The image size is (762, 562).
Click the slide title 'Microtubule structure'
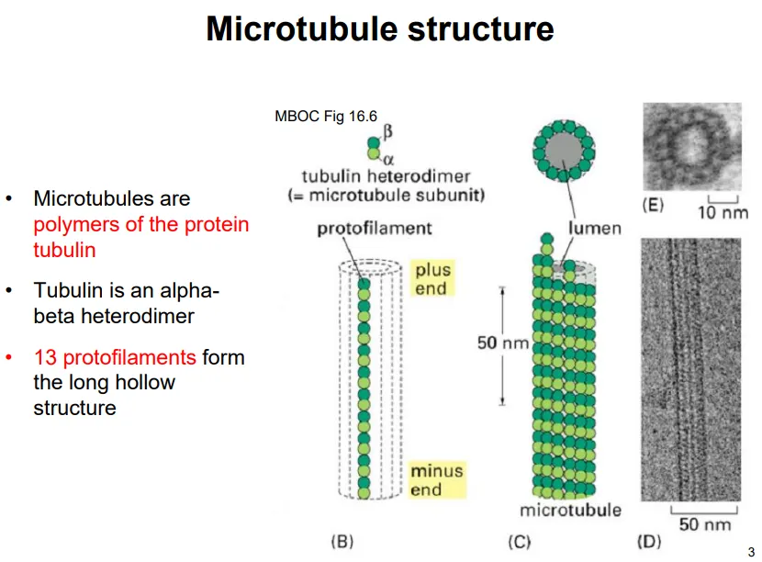point(380,29)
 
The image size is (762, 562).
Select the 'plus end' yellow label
point(432,279)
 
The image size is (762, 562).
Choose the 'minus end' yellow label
point(437,479)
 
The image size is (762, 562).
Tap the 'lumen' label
point(595,229)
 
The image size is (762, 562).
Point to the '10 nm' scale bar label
point(723,214)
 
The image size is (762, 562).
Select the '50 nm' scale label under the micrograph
point(705,524)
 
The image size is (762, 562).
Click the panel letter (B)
point(341,541)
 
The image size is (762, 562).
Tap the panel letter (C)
point(519,541)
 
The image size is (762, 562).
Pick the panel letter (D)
point(648,541)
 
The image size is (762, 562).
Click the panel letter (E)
point(654,205)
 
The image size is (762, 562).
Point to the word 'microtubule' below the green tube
point(570,510)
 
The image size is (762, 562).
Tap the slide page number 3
point(751,551)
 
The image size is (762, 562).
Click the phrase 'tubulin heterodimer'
point(386,176)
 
